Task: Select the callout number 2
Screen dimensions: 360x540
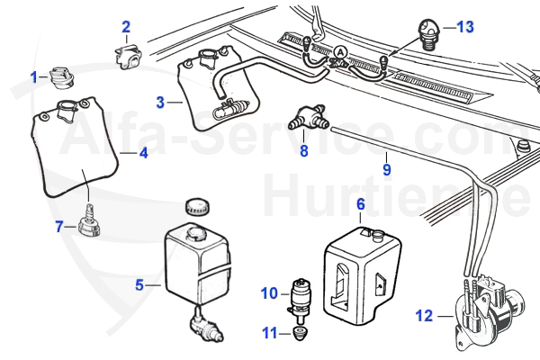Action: [126, 27]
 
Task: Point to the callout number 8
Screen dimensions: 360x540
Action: [304, 151]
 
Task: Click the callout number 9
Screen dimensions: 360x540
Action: [387, 167]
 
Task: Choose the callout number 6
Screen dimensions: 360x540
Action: [360, 204]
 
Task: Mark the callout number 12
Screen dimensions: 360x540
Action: [425, 315]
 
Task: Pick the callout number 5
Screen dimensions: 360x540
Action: [139, 285]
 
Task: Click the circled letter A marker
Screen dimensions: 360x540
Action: [341, 52]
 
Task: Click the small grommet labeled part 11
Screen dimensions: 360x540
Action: [299, 335]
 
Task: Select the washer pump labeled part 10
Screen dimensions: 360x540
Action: [299, 295]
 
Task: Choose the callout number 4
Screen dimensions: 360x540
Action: [141, 153]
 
